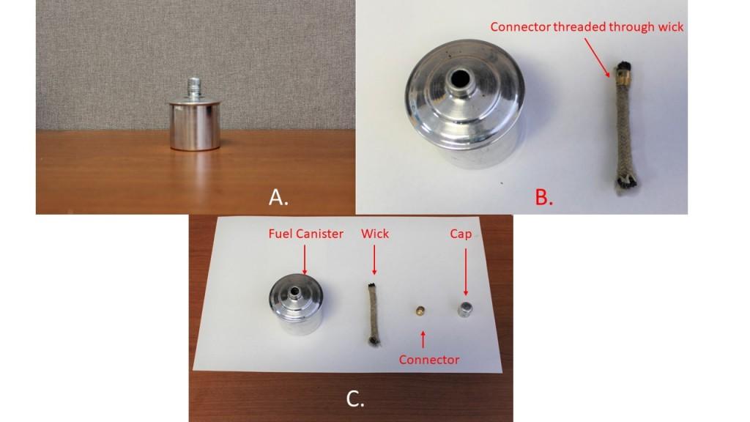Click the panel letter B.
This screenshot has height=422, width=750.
point(543,196)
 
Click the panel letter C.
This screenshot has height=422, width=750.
point(355,399)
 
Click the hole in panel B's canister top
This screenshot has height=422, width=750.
point(464,78)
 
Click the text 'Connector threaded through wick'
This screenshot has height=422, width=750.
point(587,27)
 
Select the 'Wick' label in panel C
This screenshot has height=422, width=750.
point(375,234)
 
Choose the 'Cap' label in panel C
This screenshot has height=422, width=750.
point(461,234)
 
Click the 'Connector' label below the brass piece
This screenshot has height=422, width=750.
point(428,360)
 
